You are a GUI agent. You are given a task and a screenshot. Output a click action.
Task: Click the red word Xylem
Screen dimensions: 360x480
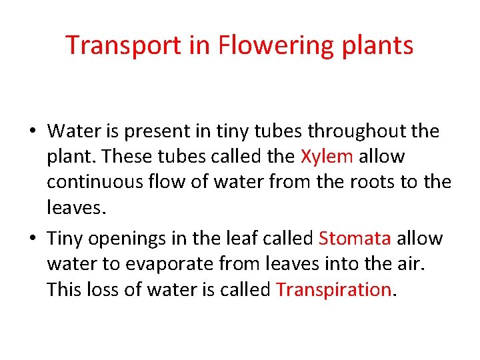tap(327, 157)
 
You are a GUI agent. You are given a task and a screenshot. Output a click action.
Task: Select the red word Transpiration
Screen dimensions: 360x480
tap(333, 289)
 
